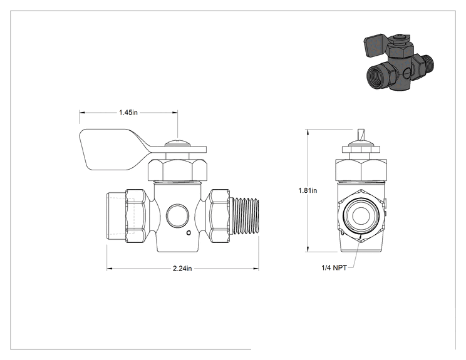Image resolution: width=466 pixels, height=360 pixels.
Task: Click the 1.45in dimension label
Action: point(128,113)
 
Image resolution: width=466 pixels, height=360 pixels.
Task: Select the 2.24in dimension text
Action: point(182,269)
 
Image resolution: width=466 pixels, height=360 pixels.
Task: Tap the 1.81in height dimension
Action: point(308,190)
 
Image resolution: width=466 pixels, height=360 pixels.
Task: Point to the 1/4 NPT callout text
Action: point(334,267)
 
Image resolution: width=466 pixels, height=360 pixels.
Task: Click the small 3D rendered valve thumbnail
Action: point(398,63)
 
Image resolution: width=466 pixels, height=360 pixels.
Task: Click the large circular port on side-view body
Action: point(177,215)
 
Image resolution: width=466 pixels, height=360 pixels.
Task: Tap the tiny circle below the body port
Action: point(189,233)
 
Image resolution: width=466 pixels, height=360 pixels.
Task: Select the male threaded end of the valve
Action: point(245,216)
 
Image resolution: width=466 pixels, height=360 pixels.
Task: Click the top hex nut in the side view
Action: point(177,170)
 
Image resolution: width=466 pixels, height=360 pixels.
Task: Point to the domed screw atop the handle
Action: point(177,143)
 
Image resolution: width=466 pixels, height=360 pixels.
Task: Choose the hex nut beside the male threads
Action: point(220,216)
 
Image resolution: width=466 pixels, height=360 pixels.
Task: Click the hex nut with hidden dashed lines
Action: point(135,216)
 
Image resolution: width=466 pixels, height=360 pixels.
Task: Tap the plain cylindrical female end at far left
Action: point(116,216)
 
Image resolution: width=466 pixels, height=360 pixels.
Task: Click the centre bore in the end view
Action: point(361,215)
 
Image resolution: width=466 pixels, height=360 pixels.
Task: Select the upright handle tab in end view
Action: point(361,135)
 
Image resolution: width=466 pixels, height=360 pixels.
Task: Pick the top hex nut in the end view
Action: point(361,170)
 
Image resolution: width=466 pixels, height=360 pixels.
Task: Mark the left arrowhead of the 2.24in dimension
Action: point(110,269)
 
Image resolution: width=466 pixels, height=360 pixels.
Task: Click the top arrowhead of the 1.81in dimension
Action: point(308,132)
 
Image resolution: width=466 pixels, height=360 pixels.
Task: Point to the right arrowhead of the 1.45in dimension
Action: point(175,113)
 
